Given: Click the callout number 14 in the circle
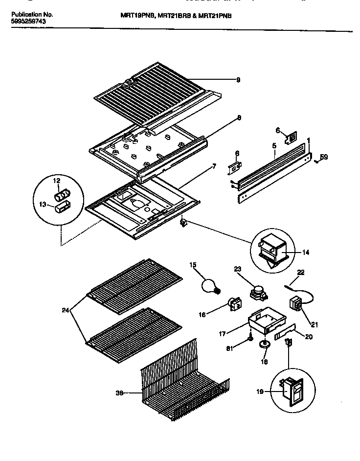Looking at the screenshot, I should point(305,253).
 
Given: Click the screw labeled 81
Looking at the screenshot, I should point(250,337).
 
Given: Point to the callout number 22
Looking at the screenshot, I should point(301,273).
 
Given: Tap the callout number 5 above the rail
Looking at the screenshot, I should point(274,146).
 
